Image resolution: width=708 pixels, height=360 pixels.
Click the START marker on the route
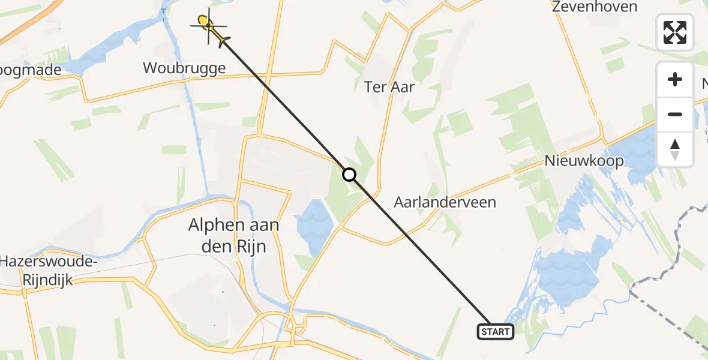click(496, 331)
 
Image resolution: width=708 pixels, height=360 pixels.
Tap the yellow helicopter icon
click(210, 27)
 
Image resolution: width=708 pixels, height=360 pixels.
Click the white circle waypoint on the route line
click(349, 175)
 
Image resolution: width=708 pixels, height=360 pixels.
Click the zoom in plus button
click(675, 79)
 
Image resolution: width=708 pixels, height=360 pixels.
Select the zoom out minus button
click(675, 114)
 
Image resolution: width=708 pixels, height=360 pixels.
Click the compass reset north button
click(675, 149)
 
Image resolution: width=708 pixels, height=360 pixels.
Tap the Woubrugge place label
click(184, 68)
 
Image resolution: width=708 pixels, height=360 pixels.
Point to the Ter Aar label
click(389, 86)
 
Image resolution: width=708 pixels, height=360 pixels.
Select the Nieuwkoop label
click(584, 161)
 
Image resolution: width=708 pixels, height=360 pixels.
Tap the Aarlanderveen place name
click(445, 202)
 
